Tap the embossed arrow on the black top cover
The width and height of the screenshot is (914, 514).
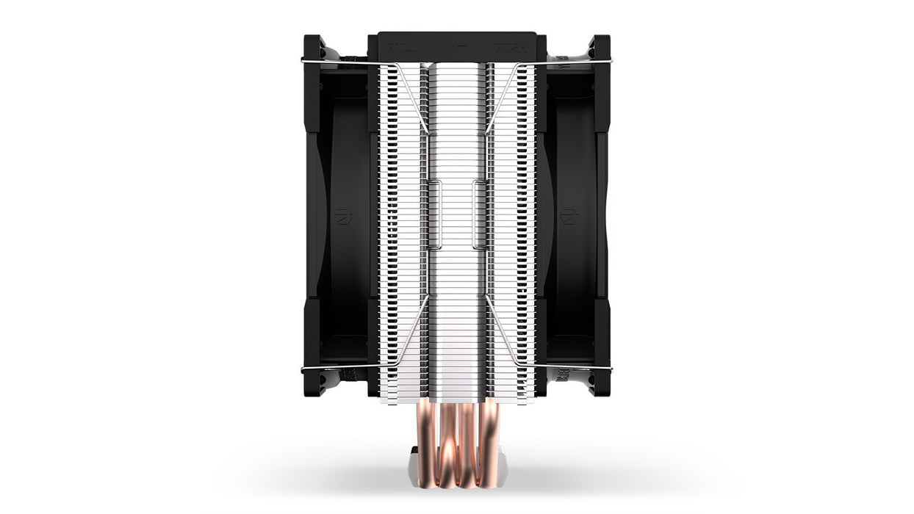point(460,46)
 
